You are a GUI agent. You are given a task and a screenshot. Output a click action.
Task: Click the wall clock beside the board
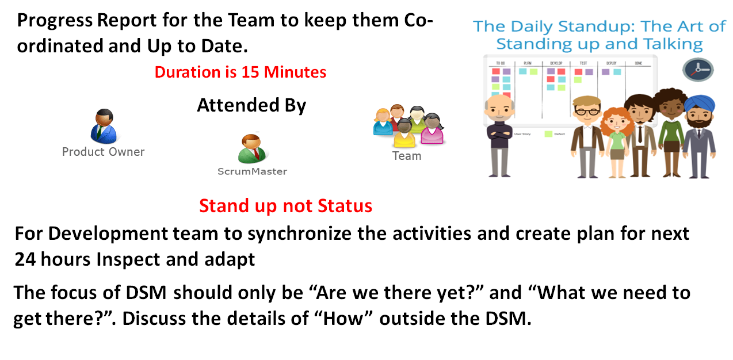(697, 69)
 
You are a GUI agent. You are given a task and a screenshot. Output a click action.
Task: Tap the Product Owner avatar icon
(104, 127)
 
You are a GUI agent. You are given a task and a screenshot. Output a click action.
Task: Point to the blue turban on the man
(701, 104)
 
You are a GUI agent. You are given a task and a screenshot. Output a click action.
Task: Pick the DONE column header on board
(638, 63)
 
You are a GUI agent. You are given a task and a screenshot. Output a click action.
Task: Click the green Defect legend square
(548, 134)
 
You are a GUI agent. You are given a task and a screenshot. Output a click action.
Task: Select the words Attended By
(251, 105)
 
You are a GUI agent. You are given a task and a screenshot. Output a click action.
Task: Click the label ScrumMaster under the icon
(252, 171)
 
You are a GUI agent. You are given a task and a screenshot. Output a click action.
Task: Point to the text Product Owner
(103, 152)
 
